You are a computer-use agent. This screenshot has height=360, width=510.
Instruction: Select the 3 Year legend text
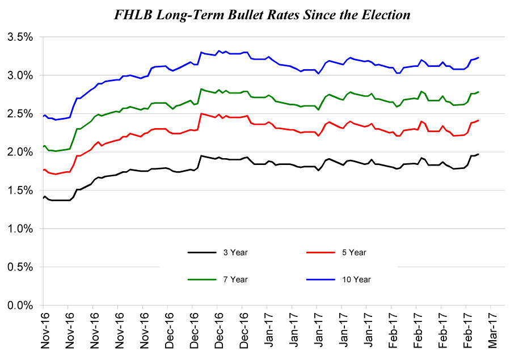coord(236,252)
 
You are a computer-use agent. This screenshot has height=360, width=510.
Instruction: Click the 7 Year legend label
coord(236,279)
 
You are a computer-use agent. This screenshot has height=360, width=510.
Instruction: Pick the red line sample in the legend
coord(318,252)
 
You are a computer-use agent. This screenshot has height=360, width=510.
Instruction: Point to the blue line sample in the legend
coord(318,279)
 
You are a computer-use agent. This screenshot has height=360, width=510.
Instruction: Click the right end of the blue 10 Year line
coord(479,57)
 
